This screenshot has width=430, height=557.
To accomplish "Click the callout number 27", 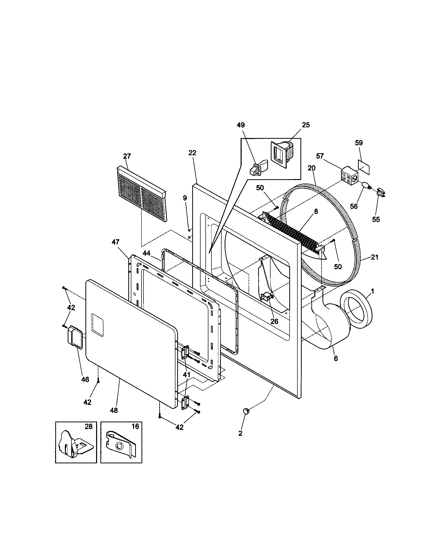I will pyautogui.click(x=127, y=156).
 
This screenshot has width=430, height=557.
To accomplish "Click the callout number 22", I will pyautogui.click(x=192, y=153).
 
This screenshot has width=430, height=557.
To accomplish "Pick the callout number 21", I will pyautogui.click(x=374, y=257).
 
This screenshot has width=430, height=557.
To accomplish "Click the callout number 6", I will pyautogui.click(x=335, y=359).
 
